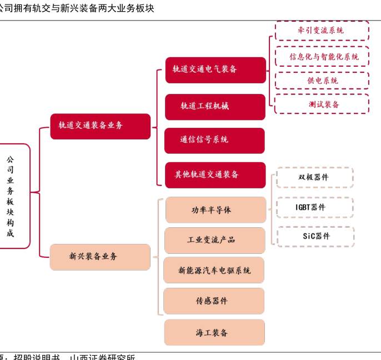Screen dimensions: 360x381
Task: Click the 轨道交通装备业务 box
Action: pos(100,126)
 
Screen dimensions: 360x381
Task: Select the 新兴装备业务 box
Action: pos(100,257)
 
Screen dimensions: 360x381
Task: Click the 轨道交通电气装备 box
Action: pos(215,69)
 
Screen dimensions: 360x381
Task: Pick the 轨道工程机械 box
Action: pos(215,106)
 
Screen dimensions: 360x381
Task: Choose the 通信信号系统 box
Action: pos(214,140)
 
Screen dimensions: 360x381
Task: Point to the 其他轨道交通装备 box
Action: pos(215,174)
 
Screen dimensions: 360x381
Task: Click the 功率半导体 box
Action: pos(215,210)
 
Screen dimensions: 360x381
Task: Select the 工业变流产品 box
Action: pos(214,240)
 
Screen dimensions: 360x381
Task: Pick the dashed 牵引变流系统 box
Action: pos(322,31)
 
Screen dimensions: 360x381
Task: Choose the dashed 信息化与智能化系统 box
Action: pos(322,56)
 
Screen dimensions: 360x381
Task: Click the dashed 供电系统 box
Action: pos(322,81)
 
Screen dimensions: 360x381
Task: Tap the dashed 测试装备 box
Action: pos(322,104)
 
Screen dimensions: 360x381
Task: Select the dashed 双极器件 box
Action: pos(314,177)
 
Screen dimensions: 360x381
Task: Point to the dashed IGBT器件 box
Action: pos(314,207)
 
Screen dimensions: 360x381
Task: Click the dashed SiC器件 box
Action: pos(315,236)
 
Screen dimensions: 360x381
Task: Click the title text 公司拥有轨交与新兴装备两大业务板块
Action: pos(77,8)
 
